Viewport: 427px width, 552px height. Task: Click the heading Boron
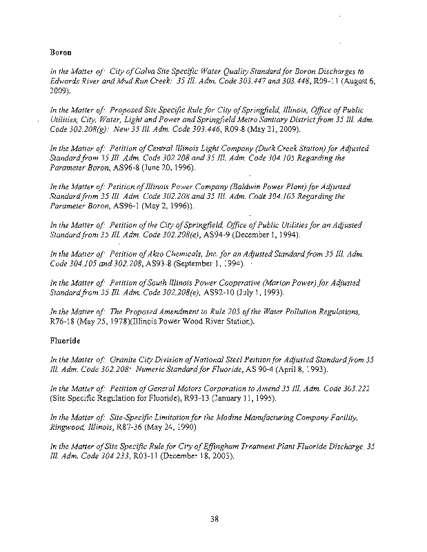pyautogui.click(x=61, y=52)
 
